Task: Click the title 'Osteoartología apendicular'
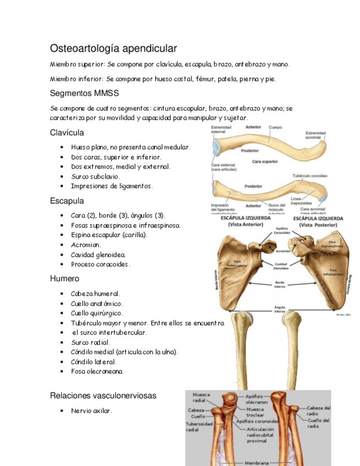pos(113,48)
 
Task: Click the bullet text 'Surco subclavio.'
pos(95,176)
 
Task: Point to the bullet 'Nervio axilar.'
pos(91,410)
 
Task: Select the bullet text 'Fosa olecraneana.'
pos(97,371)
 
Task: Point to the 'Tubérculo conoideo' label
pos(311,176)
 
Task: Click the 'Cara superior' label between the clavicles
pos(265,162)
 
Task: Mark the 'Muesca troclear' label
pos(255,412)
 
